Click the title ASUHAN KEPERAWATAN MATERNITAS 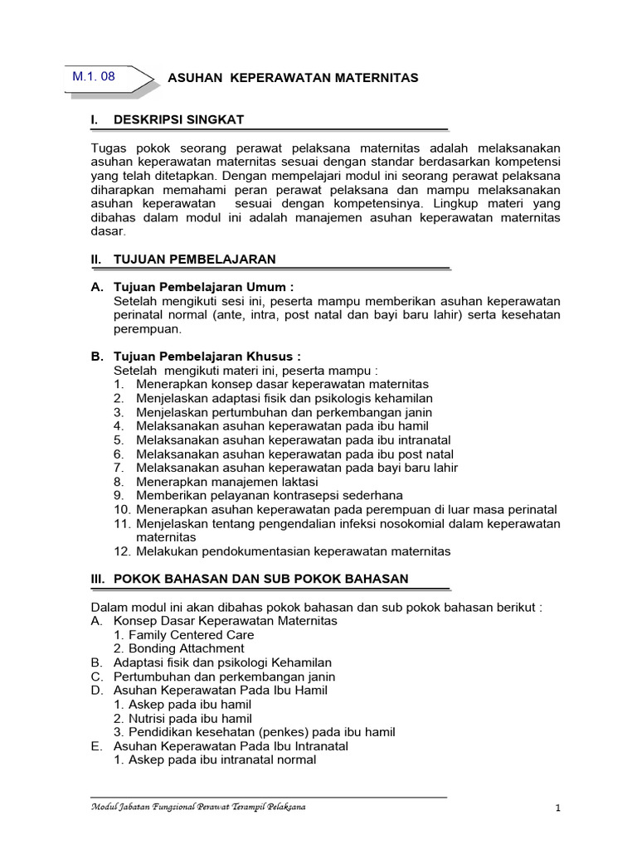(x=293, y=78)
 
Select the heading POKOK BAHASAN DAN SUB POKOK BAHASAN (x=260, y=578)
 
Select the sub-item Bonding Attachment (x=179, y=648)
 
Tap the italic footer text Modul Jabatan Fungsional (x=197, y=807)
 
